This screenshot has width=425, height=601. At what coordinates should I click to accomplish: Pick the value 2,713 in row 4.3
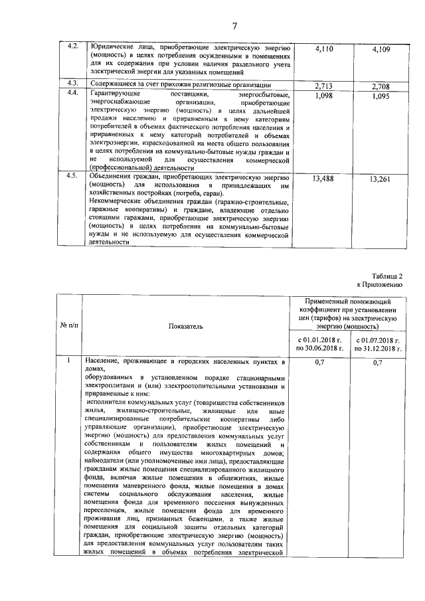tap(323, 86)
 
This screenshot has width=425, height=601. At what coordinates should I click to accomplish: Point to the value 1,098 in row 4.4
tap(323, 96)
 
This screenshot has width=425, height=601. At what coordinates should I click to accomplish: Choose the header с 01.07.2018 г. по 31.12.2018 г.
tap(379, 344)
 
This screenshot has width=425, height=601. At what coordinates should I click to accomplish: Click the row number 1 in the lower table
tap(69, 361)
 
